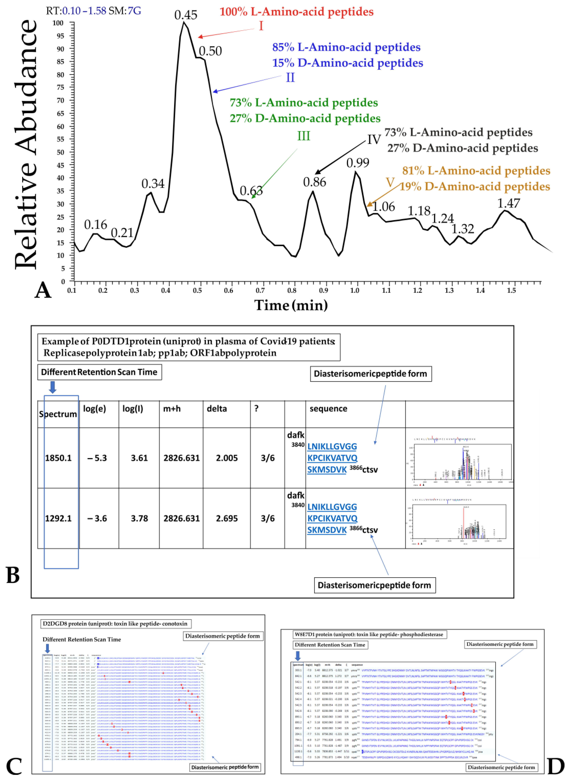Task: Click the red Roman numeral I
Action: (261, 26)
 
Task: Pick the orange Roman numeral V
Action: (390, 182)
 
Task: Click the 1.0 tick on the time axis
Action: (355, 290)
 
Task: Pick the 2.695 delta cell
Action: (227, 518)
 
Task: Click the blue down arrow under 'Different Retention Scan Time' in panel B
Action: (52, 387)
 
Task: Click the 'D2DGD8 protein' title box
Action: (115, 624)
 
